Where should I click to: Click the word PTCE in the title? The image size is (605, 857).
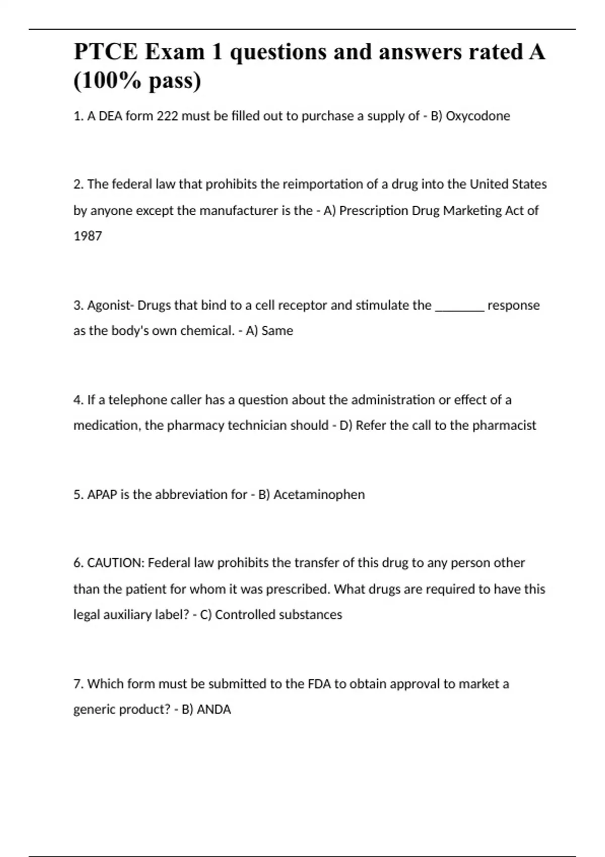pos(105,52)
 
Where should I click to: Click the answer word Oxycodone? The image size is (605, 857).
pos(478,116)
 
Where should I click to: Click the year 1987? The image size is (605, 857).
pos(88,236)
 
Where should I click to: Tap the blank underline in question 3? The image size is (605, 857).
pos(459,309)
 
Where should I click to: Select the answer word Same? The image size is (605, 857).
pos(277,331)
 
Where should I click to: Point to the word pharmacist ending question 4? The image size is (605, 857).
pos(504,425)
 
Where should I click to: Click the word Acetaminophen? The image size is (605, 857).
pos(319,495)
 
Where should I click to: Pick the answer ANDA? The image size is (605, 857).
pos(214,710)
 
